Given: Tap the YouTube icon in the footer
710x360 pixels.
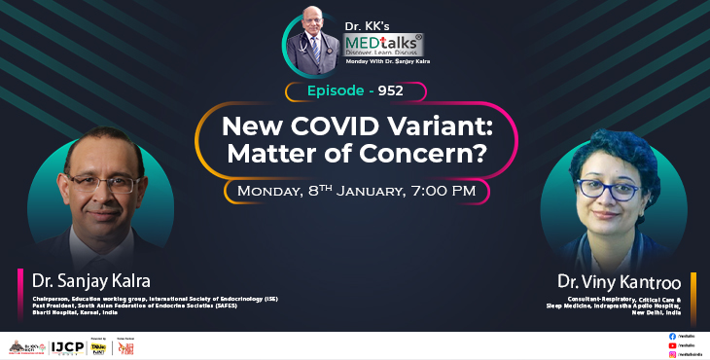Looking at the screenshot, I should [x=673, y=345].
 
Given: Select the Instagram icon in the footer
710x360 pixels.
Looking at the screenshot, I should [x=673, y=354].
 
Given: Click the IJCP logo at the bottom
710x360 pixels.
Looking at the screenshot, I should [x=67, y=346].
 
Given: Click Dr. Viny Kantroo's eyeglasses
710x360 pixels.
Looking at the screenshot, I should [x=604, y=190].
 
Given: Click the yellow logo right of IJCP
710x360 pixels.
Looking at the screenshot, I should [x=97, y=346].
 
